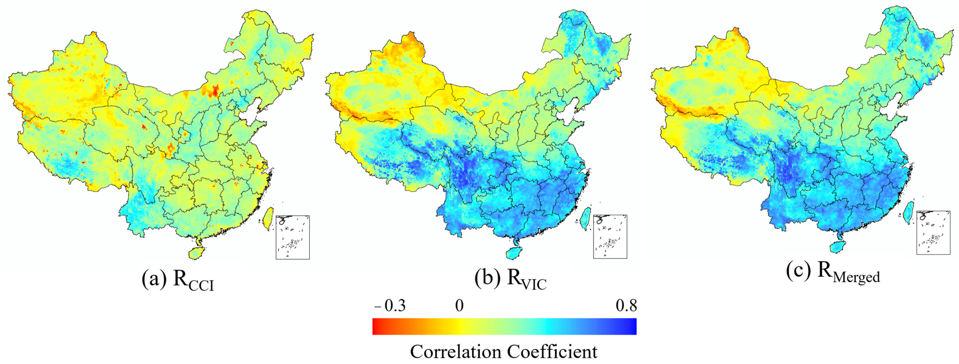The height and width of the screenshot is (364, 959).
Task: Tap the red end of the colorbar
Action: click(x=377, y=326)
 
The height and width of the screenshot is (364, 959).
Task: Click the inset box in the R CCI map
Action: click(x=293, y=237)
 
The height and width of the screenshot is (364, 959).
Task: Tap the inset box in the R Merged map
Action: click(x=933, y=232)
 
